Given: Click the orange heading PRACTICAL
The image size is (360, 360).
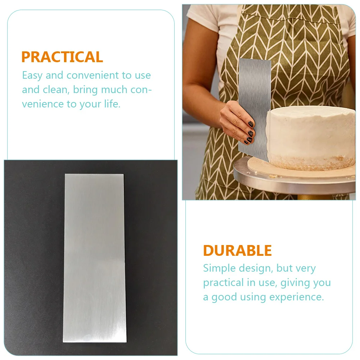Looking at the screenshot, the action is [x=62, y=57].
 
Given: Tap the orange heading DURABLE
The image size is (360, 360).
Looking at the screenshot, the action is [x=237, y=250].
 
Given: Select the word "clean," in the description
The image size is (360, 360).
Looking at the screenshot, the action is [x=56, y=90].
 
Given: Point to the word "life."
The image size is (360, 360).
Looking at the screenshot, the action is [x=112, y=104].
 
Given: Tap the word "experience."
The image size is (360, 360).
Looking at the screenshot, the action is [x=296, y=297].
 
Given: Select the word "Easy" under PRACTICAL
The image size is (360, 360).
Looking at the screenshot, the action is [x=32, y=76].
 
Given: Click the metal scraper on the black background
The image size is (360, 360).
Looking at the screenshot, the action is [x=94, y=258].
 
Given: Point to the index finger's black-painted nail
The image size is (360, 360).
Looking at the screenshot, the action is [x=251, y=124].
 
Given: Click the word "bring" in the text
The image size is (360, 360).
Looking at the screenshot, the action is [x=86, y=90].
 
